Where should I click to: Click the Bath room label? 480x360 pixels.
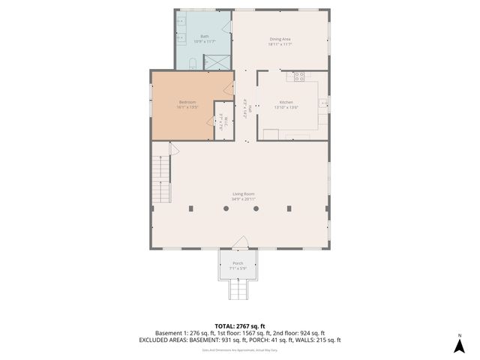[204, 36]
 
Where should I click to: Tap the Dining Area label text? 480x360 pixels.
[280, 39]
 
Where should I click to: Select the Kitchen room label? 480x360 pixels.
[286, 102]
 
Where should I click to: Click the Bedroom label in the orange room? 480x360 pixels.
[187, 102]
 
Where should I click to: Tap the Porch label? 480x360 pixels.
[238, 263]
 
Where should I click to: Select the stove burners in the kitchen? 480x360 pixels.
[298, 75]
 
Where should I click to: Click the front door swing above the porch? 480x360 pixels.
[240, 242]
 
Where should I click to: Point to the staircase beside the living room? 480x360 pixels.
[160, 174]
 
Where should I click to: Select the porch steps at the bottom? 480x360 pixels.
[238, 289]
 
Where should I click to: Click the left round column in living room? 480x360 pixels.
[225, 208]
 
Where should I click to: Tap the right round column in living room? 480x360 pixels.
[256, 208]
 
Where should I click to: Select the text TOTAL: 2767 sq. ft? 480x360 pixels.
[240, 326]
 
